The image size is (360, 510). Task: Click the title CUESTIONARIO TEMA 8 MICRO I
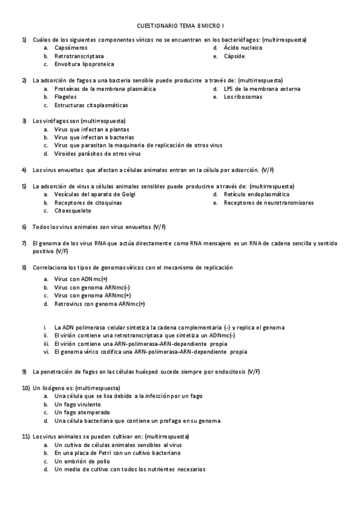click(x=180, y=26)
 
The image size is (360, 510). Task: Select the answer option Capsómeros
click(x=70, y=47)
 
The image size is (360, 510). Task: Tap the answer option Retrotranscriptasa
click(x=78, y=55)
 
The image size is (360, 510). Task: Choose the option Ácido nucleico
click(x=243, y=47)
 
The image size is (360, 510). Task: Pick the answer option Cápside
click(x=234, y=55)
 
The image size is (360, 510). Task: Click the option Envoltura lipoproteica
click(x=84, y=64)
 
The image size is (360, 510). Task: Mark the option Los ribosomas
click(x=243, y=96)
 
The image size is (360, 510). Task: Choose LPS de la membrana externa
click(x=261, y=88)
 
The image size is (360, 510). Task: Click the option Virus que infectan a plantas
click(x=91, y=129)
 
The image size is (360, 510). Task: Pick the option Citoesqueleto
click(x=73, y=211)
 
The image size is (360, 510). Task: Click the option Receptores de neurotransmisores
click(x=268, y=203)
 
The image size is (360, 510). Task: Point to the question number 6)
click(x=24, y=227)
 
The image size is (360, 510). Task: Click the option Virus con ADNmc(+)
click(x=81, y=280)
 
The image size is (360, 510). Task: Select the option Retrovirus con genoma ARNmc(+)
click(x=99, y=304)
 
